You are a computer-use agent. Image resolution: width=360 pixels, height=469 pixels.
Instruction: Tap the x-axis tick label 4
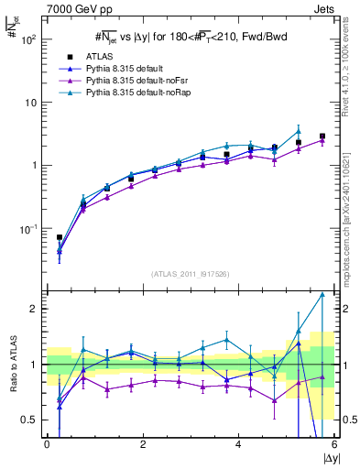(x=238, y=445)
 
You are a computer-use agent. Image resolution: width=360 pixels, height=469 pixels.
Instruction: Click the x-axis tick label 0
(x=47, y=445)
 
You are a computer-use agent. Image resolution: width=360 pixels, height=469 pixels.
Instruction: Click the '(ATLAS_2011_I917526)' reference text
(x=190, y=274)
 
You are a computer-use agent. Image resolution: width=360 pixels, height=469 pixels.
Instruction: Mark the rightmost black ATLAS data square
(x=322, y=136)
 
